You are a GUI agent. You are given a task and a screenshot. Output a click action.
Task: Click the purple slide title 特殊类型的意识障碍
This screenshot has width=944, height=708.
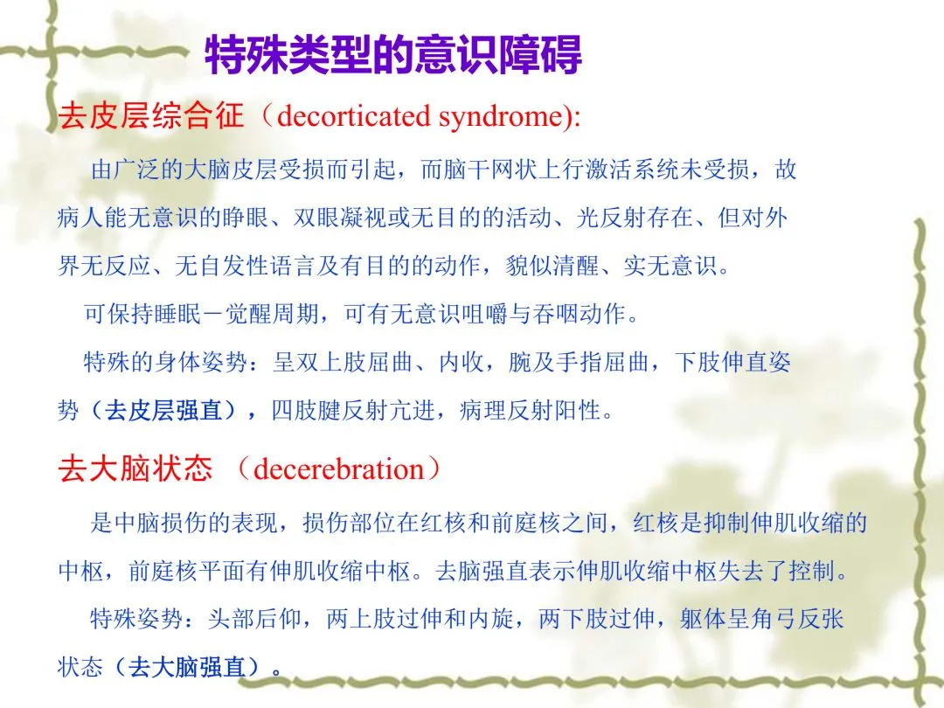coord(393,55)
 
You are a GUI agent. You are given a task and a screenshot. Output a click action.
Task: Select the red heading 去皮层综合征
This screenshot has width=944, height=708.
coord(151,115)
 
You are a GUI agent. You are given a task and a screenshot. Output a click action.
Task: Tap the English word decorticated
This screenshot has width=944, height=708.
coord(354,116)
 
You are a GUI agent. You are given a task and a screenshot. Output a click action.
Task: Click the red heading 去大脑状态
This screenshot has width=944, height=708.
coord(135,469)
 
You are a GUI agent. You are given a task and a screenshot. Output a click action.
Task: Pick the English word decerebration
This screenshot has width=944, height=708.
coord(339,469)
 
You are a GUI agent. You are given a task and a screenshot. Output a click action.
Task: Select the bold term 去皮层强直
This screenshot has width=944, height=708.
coord(163,411)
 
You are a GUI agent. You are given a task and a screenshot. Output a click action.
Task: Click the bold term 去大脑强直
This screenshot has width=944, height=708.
coord(187,666)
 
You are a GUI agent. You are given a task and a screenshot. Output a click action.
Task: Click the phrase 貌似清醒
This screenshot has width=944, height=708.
coord(552,266)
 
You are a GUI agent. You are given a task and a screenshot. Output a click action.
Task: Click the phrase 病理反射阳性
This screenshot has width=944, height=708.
coord(530,411)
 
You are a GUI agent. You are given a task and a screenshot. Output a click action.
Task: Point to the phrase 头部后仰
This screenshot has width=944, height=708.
coord(254,618)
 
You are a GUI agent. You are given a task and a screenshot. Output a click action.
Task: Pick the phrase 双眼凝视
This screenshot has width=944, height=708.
coord(340,218)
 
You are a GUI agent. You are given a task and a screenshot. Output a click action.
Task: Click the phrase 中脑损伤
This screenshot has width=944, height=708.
coord(160,523)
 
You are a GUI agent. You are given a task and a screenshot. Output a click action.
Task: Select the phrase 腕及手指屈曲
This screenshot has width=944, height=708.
coord(579,363)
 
